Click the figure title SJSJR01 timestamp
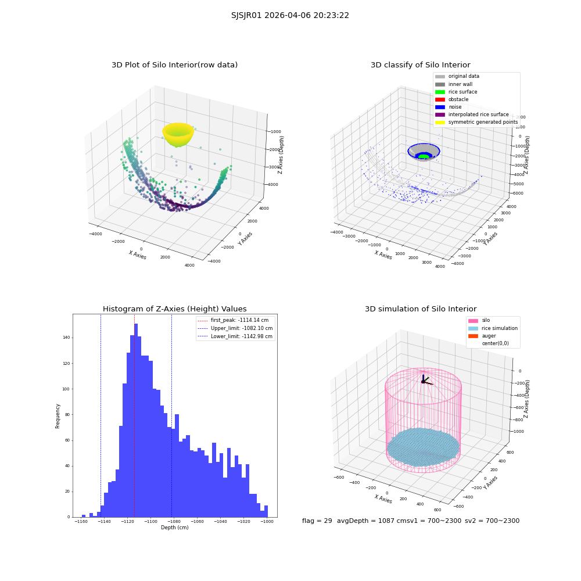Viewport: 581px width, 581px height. pyautogui.click(x=290, y=16)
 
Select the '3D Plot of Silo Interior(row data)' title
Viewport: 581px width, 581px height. pyautogui.click(x=174, y=65)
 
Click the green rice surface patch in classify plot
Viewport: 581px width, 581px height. pyautogui.click(x=423, y=156)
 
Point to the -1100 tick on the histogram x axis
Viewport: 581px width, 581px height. pyautogui.click(x=150, y=521)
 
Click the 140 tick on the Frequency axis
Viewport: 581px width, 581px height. pyautogui.click(x=66, y=338)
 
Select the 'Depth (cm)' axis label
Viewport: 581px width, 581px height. pyautogui.click(x=174, y=528)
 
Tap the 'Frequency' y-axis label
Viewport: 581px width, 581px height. pyautogui.click(x=58, y=416)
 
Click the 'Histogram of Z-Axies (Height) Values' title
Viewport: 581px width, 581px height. pyautogui.click(x=174, y=309)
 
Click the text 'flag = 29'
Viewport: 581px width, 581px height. pyautogui.click(x=317, y=521)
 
